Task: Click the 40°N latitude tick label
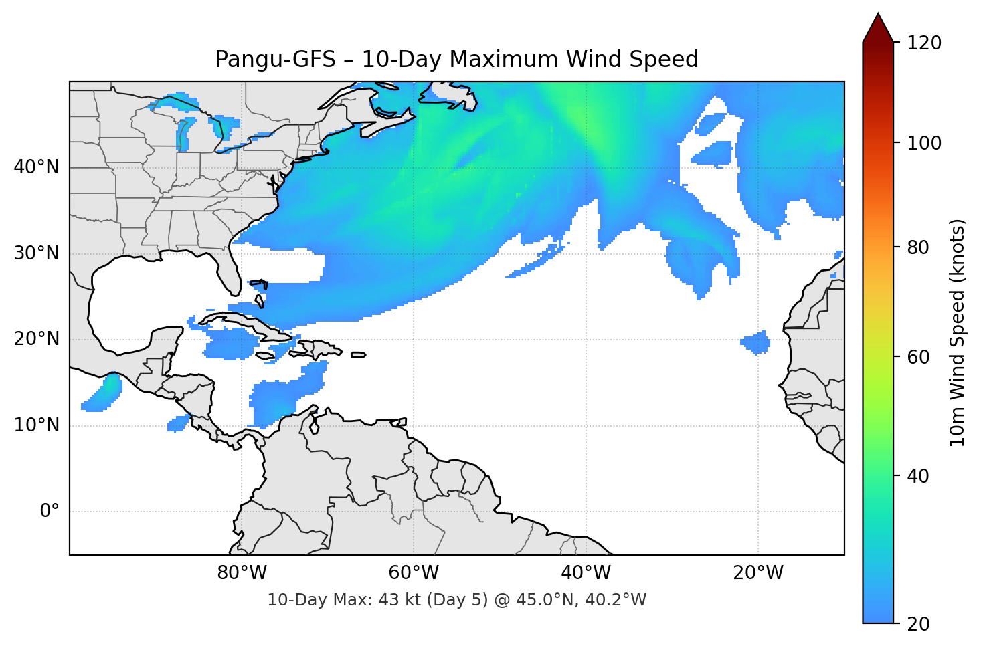[37, 167]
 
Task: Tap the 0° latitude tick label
[50, 512]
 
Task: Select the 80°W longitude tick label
[242, 573]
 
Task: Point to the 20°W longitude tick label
[758, 573]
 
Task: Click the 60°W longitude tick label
[414, 573]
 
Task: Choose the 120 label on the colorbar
[924, 43]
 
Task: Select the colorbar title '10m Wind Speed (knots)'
[958, 332]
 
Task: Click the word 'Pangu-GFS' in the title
[275, 60]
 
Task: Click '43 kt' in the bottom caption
[399, 600]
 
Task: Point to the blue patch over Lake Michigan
[183, 134]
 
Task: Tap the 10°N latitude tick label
[37, 425]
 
